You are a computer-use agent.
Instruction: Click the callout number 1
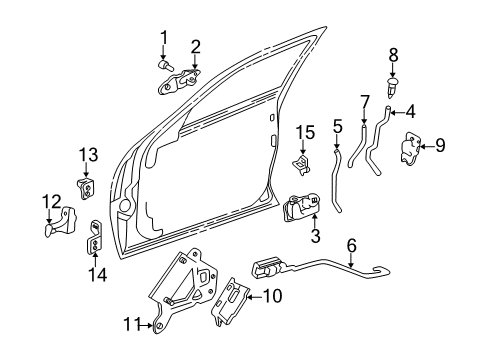coord(163,39)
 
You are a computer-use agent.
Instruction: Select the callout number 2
coord(195,45)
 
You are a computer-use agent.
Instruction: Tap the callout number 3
coord(315,236)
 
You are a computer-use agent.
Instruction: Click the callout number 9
coord(441,146)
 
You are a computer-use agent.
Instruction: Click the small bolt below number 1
coord(163,64)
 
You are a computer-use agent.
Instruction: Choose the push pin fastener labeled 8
coord(393,87)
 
